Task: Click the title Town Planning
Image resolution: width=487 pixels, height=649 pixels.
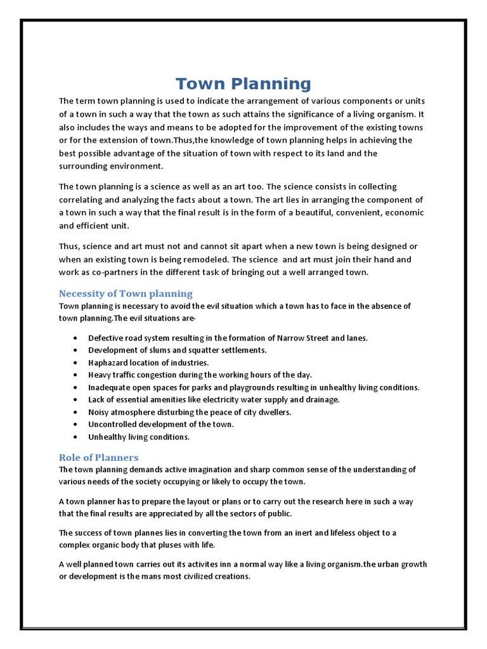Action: (x=243, y=84)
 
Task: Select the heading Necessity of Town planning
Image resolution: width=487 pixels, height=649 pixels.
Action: (x=126, y=293)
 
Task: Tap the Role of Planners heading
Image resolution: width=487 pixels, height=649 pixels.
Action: (x=98, y=457)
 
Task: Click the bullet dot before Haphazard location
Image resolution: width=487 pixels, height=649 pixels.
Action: (x=76, y=363)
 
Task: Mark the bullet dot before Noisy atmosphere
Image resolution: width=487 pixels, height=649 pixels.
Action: (x=76, y=412)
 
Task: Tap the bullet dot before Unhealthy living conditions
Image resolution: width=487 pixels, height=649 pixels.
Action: (x=76, y=437)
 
